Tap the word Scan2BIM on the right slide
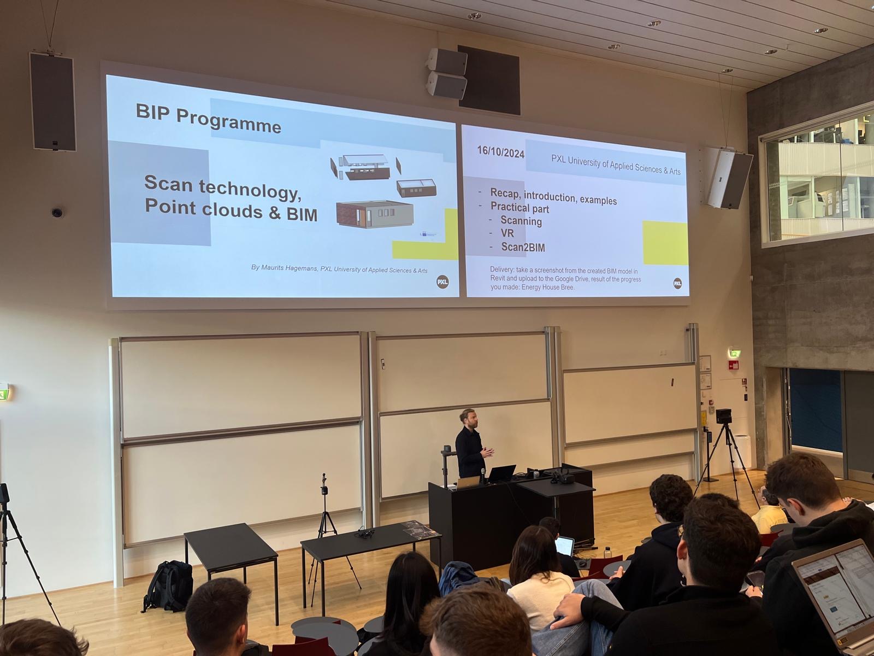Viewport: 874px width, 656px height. click(523, 247)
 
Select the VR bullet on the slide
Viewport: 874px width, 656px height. click(507, 233)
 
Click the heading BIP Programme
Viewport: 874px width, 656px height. click(208, 119)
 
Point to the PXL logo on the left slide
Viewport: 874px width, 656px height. click(442, 282)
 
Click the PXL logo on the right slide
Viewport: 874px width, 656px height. click(677, 283)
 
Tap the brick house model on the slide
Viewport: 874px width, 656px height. click(374, 214)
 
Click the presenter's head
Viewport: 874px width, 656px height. click(466, 418)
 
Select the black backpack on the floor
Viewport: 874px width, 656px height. click(169, 585)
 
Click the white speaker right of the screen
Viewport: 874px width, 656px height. click(729, 179)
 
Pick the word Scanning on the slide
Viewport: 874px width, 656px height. click(521, 221)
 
